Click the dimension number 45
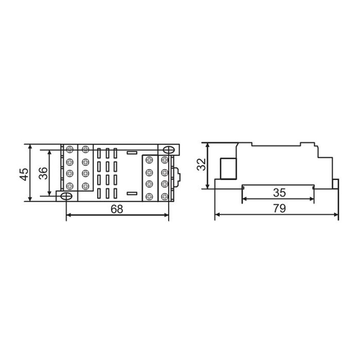pos(24,174)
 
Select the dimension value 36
pos(43,173)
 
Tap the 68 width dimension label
pos(117,209)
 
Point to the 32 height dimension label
pos(202,165)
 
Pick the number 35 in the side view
pos(279,193)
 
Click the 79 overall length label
pos(279,208)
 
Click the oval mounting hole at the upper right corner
pos(169,150)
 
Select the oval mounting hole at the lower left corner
pos(66,196)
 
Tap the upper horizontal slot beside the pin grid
pos(132,152)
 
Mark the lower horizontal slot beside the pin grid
pos(132,193)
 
